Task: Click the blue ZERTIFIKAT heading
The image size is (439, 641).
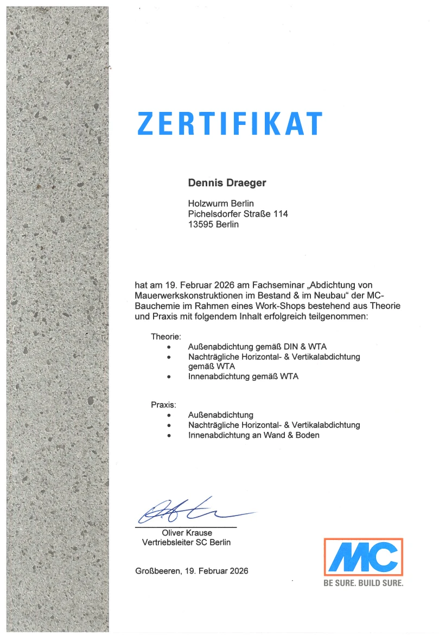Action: point(230,123)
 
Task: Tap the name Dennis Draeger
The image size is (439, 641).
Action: point(227,183)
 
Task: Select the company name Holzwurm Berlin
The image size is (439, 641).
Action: point(221,204)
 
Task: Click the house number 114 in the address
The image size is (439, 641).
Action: point(281,214)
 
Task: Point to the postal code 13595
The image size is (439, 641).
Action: point(200,224)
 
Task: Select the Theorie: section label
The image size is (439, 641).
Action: point(166,337)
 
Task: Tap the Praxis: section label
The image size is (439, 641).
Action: point(163,405)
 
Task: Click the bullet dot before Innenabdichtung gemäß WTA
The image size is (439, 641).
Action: point(170,376)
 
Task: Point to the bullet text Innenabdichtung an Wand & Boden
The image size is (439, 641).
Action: point(253,435)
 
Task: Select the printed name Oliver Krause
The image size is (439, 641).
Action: point(187,532)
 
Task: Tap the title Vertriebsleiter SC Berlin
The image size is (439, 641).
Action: point(186,542)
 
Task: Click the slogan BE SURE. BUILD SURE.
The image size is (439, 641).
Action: point(364,583)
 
